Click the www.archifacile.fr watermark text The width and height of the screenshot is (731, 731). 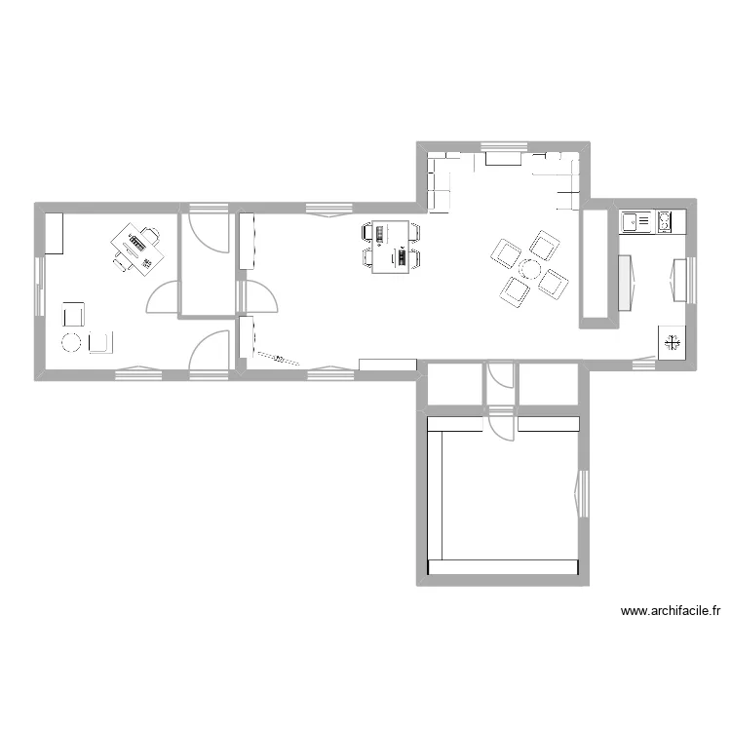[670, 612]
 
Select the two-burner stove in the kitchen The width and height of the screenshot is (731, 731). [668, 222]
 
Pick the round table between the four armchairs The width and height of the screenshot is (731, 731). [529, 268]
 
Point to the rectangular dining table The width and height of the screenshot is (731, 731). [391, 247]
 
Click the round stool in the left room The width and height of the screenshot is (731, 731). [72, 342]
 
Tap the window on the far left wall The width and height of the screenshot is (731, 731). [40, 285]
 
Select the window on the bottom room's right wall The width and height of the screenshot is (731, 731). [585, 492]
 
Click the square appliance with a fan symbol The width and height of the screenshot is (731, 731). [672, 342]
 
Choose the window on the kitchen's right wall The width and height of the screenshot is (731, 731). [693, 281]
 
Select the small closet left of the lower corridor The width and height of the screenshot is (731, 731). [455, 383]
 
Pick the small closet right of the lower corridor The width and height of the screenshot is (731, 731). [549, 383]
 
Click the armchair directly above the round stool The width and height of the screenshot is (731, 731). [74, 314]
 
